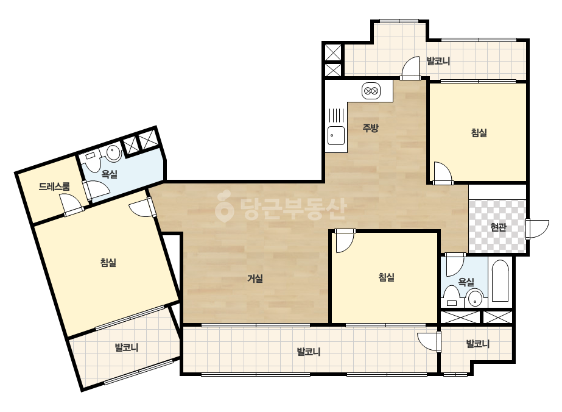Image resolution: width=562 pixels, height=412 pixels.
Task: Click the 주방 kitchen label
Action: [x=370, y=128]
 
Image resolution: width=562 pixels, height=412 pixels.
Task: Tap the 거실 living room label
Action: [x=255, y=278]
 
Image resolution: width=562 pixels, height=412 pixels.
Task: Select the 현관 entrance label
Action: [x=498, y=227]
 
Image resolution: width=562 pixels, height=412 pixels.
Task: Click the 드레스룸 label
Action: [x=54, y=186]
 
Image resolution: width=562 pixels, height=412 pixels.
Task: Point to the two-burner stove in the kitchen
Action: [x=371, y=91]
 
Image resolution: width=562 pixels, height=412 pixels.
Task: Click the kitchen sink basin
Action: [x=336, y=136]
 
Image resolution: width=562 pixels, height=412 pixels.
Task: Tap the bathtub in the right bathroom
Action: [x=500, y=281]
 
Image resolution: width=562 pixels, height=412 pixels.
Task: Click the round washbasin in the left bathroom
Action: [x=114, y=153]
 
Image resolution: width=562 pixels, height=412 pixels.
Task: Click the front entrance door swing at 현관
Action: [x=537, y=229]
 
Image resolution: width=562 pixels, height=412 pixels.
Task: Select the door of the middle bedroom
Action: [x=344, y=241]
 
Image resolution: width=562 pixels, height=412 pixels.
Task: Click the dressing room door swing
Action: [x=72, y=205]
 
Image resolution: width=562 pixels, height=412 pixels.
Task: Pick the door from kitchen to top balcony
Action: [x=410, y=68]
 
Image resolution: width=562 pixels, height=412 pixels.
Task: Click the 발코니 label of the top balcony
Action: [x=438, y=61]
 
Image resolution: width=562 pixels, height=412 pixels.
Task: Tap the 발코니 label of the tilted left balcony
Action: [x=126, y=347]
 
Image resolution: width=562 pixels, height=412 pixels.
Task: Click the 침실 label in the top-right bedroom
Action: [x=479, y=133]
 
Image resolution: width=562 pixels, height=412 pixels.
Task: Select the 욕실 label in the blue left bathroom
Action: [x=110, y=174]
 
